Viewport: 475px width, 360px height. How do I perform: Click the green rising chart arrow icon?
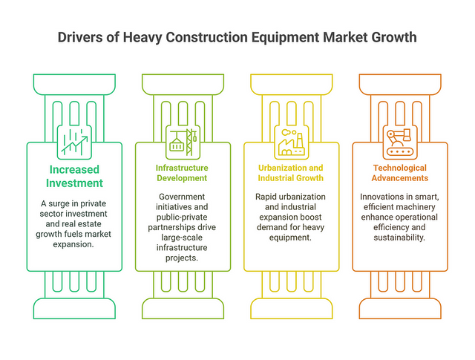[74, 142]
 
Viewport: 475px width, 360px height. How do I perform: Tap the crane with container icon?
[183, 142]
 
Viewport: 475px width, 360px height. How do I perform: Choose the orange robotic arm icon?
[400, 142]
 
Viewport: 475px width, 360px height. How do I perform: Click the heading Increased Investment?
[74, 177]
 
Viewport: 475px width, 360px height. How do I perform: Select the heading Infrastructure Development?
[182, 173]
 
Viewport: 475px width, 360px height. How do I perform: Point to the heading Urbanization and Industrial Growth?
[290, 173]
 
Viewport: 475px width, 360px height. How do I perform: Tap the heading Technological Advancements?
[400, 173]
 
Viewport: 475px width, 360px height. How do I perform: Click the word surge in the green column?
[59, 203]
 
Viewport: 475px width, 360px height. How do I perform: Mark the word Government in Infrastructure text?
[182, 197]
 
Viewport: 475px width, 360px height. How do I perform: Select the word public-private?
[182, 217]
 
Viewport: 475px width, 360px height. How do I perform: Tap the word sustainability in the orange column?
[399, 238]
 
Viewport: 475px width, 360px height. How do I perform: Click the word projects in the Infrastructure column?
[182, 258]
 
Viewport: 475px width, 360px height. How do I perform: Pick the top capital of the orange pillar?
[400, 85]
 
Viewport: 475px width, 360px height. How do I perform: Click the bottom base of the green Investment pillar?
[74, 309]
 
